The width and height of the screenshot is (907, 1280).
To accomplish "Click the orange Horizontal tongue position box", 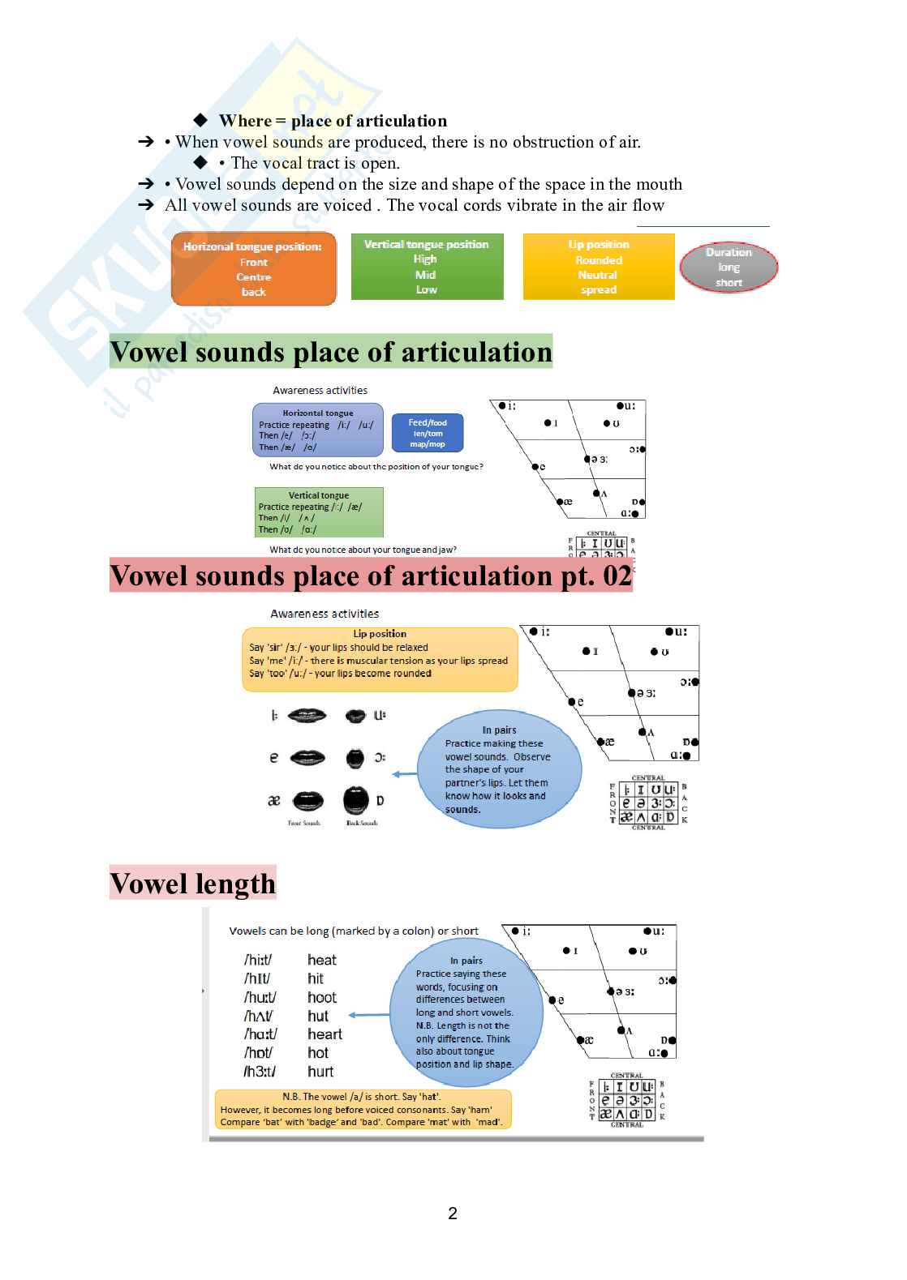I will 253,269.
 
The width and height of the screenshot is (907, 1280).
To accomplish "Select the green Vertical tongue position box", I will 427,267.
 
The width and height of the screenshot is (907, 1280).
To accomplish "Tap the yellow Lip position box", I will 599,267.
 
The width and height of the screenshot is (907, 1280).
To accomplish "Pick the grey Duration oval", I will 729,268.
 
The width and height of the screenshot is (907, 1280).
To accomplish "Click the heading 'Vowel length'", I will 193,883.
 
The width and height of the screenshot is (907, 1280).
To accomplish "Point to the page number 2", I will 453,1213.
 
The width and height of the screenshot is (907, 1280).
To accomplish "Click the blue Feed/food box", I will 428,433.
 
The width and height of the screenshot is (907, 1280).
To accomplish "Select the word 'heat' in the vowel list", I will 322,960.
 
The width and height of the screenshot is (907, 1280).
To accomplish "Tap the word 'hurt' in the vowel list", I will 320,1072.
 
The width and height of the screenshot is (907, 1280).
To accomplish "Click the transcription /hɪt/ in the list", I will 257,978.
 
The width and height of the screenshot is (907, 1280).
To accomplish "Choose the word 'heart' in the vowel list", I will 325,1034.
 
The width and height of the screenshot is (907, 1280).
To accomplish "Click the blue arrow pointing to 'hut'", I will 369,1015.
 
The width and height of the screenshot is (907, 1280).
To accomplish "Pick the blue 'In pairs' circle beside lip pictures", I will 499,769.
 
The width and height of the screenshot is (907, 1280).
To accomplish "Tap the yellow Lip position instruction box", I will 380,659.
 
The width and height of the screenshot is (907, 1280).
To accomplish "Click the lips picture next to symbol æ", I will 307,801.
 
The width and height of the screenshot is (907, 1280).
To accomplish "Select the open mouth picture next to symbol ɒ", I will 355,801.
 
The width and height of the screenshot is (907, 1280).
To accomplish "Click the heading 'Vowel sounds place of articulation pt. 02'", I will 371,576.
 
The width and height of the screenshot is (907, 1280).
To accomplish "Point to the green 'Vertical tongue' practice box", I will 319,512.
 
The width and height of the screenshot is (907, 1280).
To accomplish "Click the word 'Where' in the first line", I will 245,121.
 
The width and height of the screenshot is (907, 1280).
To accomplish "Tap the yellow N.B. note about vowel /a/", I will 363,1109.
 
